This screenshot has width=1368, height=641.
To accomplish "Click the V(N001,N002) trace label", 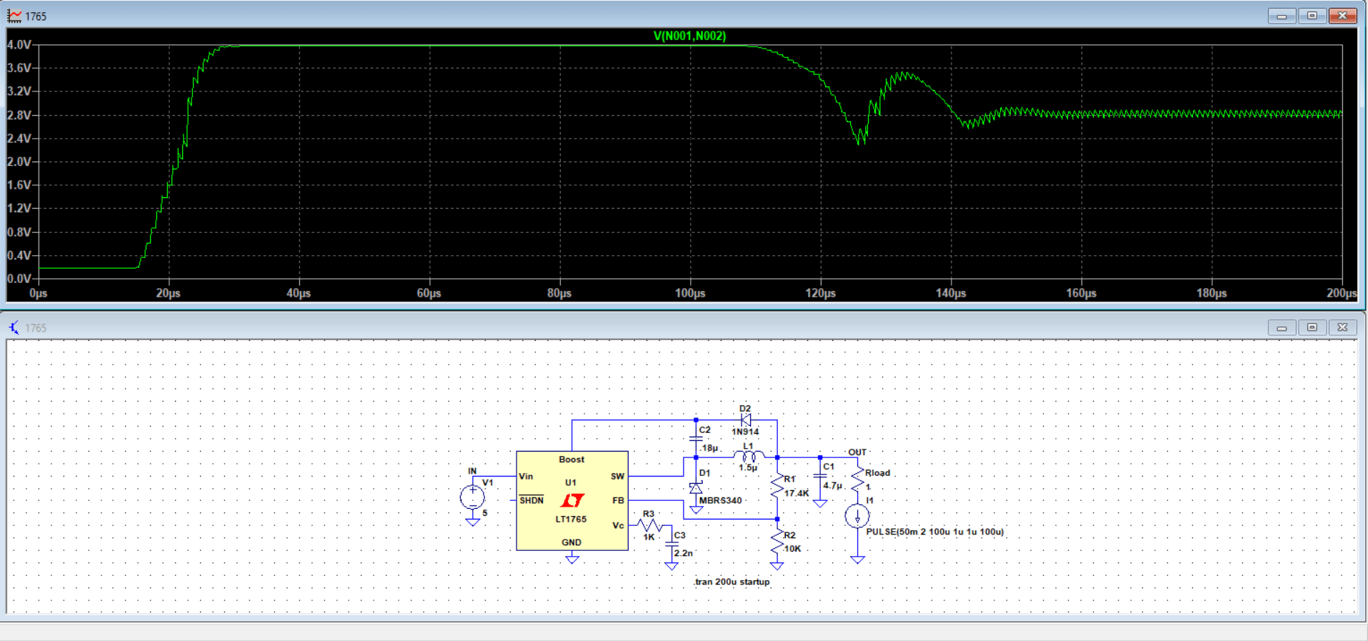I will tap(689, 36).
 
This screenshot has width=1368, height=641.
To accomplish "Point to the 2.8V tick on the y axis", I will tap(19, 115).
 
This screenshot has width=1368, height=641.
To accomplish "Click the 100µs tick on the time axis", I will tap(689, 293).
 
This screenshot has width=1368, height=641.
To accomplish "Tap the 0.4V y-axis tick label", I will tap(19, 255).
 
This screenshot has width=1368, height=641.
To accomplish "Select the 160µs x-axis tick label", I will tap(1081, 293).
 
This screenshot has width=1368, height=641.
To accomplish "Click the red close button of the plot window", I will tap(1342, 16).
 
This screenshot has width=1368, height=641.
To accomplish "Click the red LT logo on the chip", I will tap(572, 500).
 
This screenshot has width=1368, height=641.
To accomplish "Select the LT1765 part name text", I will tap(571, 520).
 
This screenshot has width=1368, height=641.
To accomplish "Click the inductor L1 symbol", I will tap(748, 456).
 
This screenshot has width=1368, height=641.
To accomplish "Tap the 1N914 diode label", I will tap(745, 432).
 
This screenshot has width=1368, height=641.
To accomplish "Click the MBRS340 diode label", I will tap(720, 500).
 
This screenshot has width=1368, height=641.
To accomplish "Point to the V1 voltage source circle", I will tap(472, 497).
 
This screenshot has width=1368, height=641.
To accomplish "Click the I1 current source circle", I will tap(857, 516).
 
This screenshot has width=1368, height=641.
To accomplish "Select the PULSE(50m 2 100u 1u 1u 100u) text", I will tap(934, 532).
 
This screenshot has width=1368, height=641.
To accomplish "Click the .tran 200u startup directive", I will tap(732, 582).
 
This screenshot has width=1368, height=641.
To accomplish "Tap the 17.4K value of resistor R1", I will tap(797, 493).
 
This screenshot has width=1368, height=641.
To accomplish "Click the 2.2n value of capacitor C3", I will tap(683, 553).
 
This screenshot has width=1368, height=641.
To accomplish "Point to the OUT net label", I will tap(857, 452).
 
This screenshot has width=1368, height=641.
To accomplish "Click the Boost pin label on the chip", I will tap(571, 459).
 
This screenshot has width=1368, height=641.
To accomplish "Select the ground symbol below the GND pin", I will tap(572, 560).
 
